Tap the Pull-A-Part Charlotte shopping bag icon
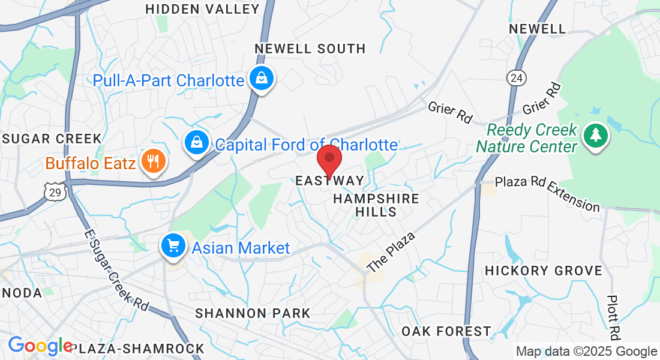pos(262,79)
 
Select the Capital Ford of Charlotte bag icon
pos(196,143)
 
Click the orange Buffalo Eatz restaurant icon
pos(153,161)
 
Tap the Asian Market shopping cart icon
pos(173,246)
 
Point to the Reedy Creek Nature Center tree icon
pos(595,136)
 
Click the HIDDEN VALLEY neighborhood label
pos(203,9)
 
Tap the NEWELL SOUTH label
pos(310,49)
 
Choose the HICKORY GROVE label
pos(543,271)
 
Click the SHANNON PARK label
pos(253,313)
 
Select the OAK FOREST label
pos(446,331)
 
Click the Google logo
pos(41,346)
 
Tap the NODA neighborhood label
pos(21,293)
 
